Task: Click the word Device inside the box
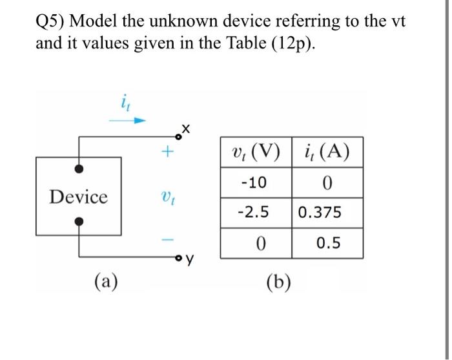pos(78,196)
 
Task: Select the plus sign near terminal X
pos(167,153)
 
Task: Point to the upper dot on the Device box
pos(79,168)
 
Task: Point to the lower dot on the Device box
pos(79,222)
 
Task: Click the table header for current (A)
pos(327,154)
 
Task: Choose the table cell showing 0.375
pos(327,213)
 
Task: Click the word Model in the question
pos(93,21)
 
